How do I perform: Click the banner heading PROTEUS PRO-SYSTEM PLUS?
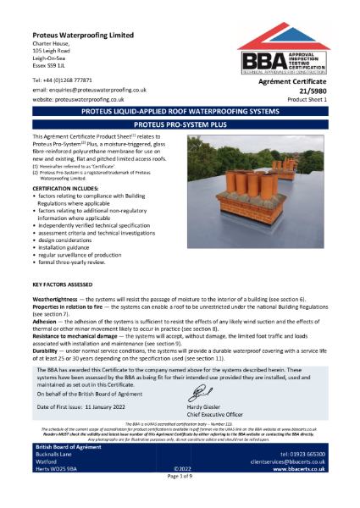(x=180, y=123)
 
